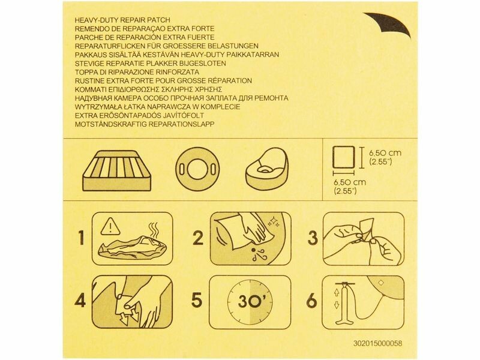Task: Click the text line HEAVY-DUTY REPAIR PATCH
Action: pyautogui.click(x=122, y=20)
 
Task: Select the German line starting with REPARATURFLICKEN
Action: pyautogui.click(x=167, y=46)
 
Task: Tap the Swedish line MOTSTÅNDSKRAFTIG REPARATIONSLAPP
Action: pyautogui.click(x=145, y=124)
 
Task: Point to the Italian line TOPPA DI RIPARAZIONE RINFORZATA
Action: pyautogui.click(x=137, y=72)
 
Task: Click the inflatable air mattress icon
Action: pyautogui.click(x=117, y=170)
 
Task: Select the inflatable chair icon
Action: pyautogui.click(x=267, y=169)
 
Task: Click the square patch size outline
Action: pyautogui.click(x=344, y=157)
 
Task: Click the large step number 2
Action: pyautogui.click(x=198, y=237)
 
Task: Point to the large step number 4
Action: pyautogui.click(x=80, y=301)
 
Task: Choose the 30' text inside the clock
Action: pyautogui.click(x=250, y=302)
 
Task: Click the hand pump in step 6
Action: pyautogui.click(x=346, y=303)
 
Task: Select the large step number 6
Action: pyautogui.click(x=312, y=301)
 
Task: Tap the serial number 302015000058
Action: pyautogui.click(x=377, y=343)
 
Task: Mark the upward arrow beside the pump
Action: pyautogui.click(x=337, y=292)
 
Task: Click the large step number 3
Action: pyautogui.click(x=313, y=238)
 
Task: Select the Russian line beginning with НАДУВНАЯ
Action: pyautogui.click(x=182, y=98)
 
